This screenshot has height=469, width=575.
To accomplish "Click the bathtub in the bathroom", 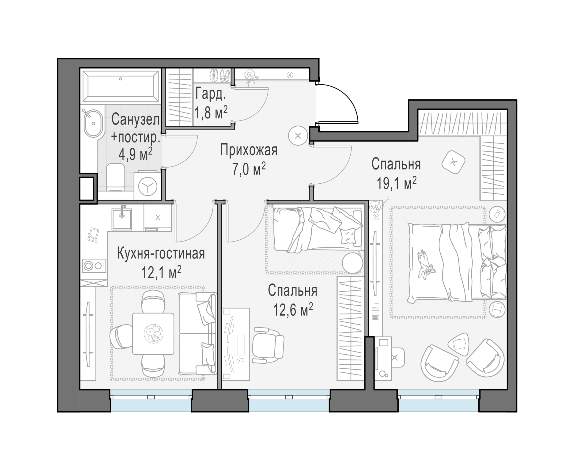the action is coord(121,86).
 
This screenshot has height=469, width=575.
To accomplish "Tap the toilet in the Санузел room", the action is coord(116,177).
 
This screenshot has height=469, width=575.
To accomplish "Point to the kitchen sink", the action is coord(122,219).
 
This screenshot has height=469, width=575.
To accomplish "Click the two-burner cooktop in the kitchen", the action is coord(94,266).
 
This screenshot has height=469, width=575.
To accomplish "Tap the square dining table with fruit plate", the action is coord(153,334).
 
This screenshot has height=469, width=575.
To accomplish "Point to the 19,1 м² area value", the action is coord(396,183).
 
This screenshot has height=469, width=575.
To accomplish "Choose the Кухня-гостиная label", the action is coord(161,253).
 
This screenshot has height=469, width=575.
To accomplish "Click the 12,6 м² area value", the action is coord(293,310).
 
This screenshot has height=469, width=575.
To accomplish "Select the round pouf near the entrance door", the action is coord(298,136).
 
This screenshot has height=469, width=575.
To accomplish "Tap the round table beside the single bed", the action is coord(352,262).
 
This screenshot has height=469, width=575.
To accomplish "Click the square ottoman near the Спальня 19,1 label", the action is coord(453,162).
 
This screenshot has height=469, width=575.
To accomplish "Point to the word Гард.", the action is coord(211,94).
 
